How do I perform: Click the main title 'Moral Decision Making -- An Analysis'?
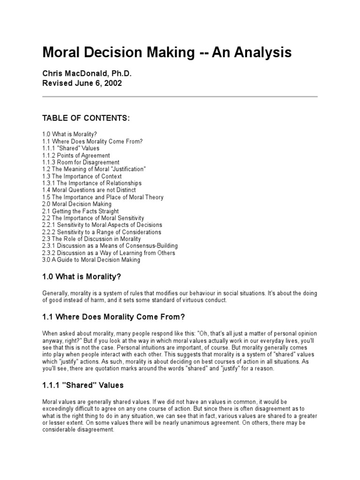tap(167, 52)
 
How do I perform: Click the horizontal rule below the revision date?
tap(180, 97)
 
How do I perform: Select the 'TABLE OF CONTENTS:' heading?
tap(86, 118)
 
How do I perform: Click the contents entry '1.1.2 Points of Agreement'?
tap(76, 155)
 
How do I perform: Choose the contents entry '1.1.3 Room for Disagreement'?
tap(81, 162)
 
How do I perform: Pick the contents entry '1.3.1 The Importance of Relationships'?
tap(92, 183)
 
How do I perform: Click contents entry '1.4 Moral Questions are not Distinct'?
tap(89, 190)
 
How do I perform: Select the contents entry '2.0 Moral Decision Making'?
tap(77, 204)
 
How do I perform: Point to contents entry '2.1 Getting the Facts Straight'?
tap(80, 211)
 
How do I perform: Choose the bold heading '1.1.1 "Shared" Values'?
tap(83, 385)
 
